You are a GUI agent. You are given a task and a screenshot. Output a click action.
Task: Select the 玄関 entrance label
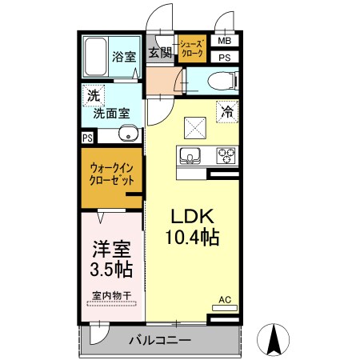[x=161, y=53]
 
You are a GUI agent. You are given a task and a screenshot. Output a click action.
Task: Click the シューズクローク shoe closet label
[x=192, y=50]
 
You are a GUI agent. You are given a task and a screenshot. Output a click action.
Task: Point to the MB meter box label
[x=225, y=42]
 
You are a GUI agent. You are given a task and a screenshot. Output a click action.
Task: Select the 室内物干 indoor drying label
[x=110, y=297]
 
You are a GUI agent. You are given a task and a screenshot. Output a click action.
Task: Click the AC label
[x=225, y=301]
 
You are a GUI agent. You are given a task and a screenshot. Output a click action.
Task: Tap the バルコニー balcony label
[x=160, y=341]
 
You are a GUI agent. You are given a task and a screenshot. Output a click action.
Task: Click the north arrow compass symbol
[x=274, y=339]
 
